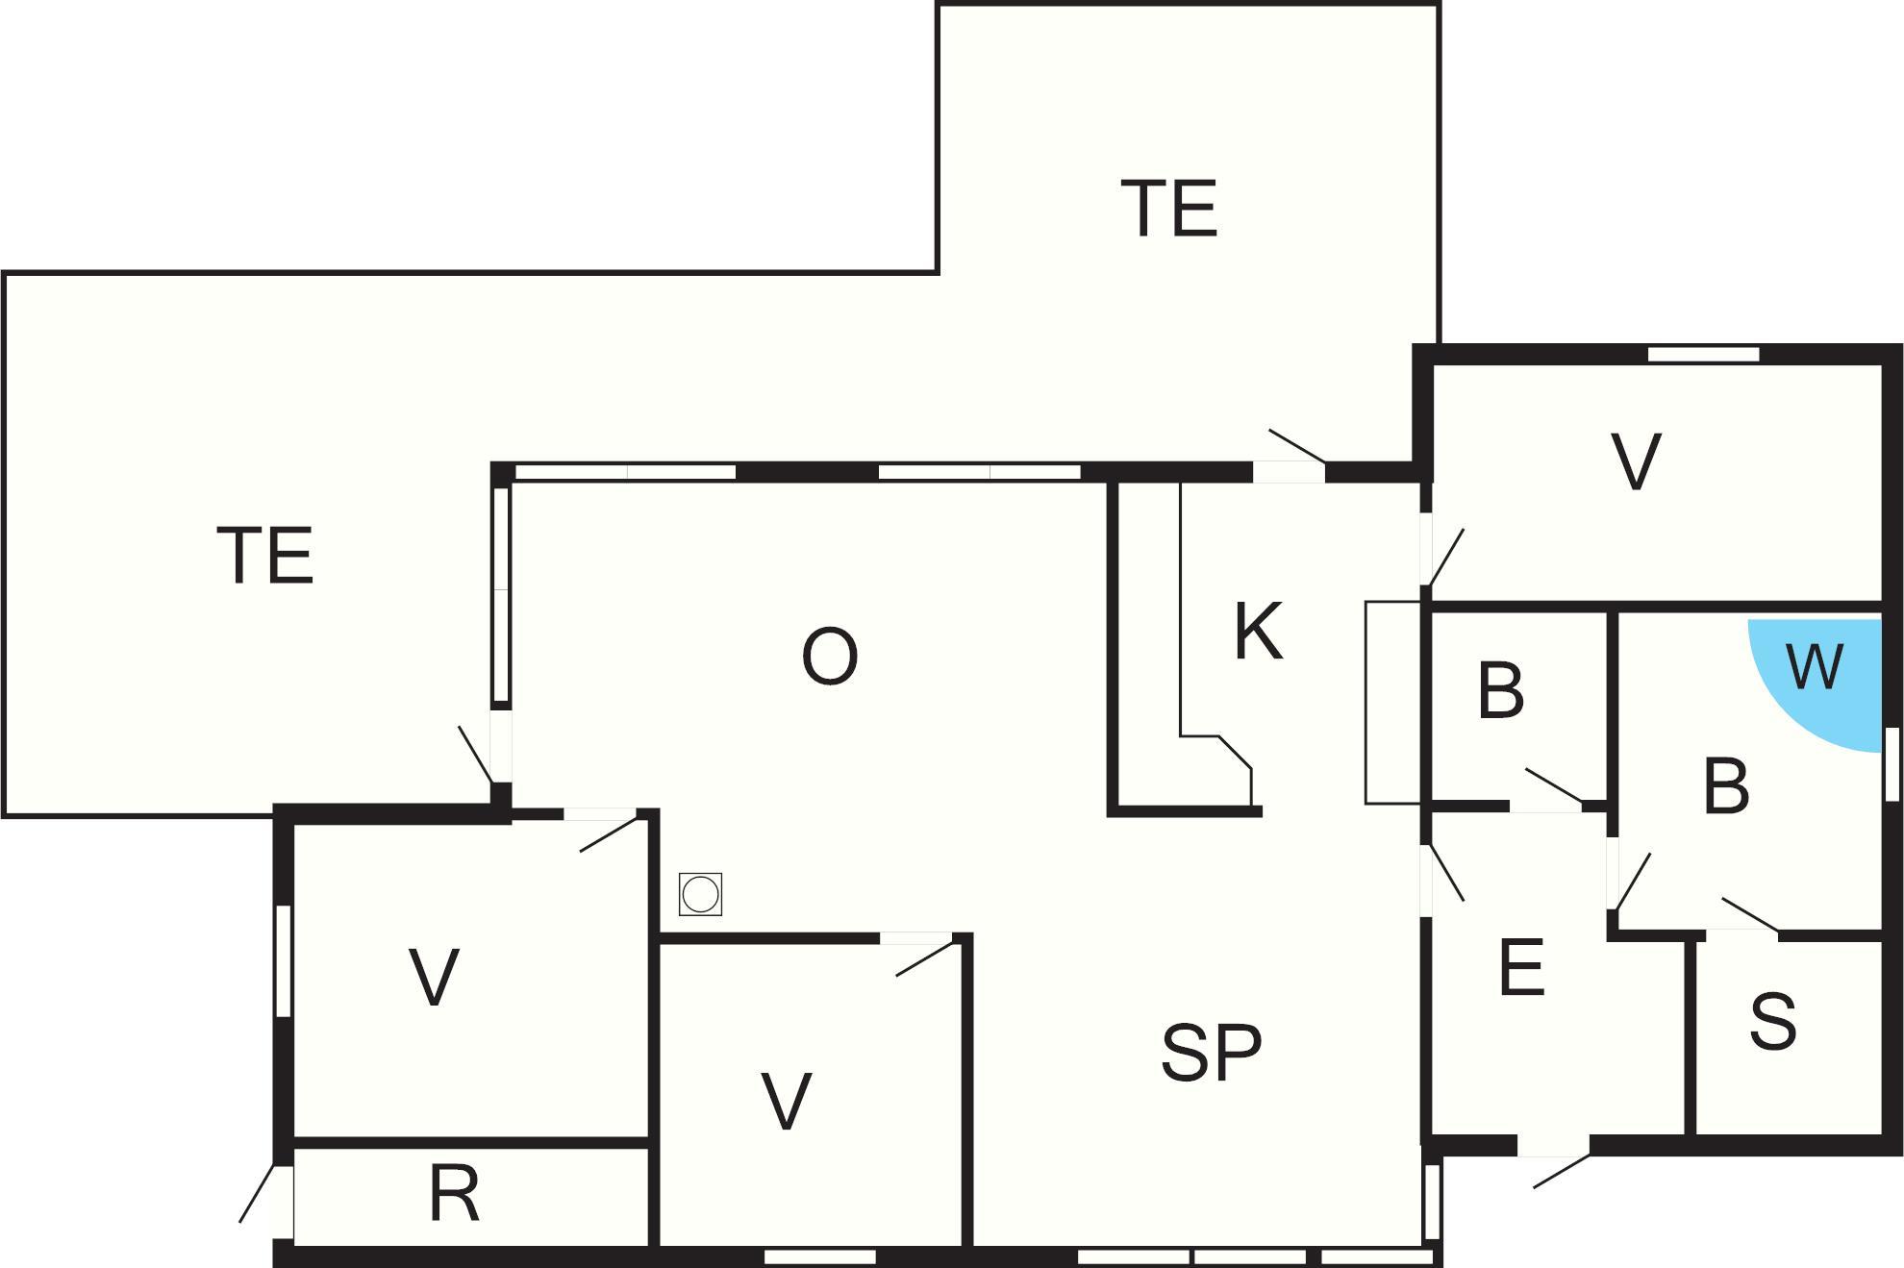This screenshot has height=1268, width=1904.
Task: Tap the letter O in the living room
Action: pyautogui.click(x=829, y=657)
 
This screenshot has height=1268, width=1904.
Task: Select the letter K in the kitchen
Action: pyautogui.click(x=1258, y=631)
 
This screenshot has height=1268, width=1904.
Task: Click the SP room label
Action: pyautogui.click(x=1211, y=1053)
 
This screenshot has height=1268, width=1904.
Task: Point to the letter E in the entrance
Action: pyautogui.click(x=1521, y=967)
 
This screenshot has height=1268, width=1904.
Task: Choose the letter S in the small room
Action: pyautogui.click(x=1772, y=1020)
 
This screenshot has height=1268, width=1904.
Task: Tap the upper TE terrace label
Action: pyautogui.click(x=1169, y=209)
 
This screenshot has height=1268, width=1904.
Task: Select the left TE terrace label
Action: pyautogui.click(x=265, y=555)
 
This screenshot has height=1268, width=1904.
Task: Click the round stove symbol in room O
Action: pyautogui.click(x=700, y=894)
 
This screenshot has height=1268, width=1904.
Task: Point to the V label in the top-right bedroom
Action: pyautogui.click(x=1636, y=462)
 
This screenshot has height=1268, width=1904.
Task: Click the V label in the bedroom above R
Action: pyautogui.click(x=434, y=977)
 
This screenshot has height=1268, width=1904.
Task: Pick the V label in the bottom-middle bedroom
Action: pyautogui.click(x=787, y=1100)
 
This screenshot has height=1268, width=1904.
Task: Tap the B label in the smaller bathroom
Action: pyautogui.click(x=1501, y=689)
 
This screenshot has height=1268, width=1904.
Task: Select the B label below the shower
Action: pyautogui.click(x=1726, y=785)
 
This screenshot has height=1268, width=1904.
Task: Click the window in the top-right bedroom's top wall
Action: pyautogui.click(x=1703, y=354)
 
